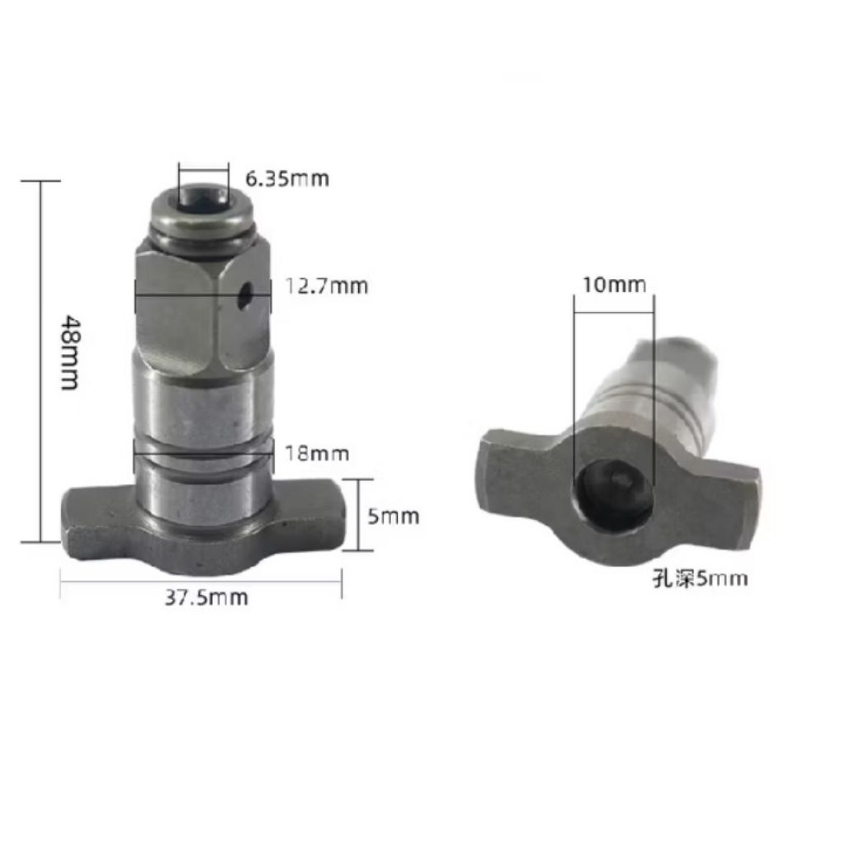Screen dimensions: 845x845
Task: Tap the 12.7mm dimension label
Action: tap(327, 286)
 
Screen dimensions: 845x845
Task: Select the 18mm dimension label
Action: tap(317, 453)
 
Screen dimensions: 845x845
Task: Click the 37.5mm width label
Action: tap(204, 597)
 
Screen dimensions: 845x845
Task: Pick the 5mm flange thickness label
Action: tap(394, 517)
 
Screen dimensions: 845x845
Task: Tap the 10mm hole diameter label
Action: tap(614, 286)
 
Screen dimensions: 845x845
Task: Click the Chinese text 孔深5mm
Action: tap(698, 578)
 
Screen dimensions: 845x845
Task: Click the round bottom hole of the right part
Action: tap(612, 493)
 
